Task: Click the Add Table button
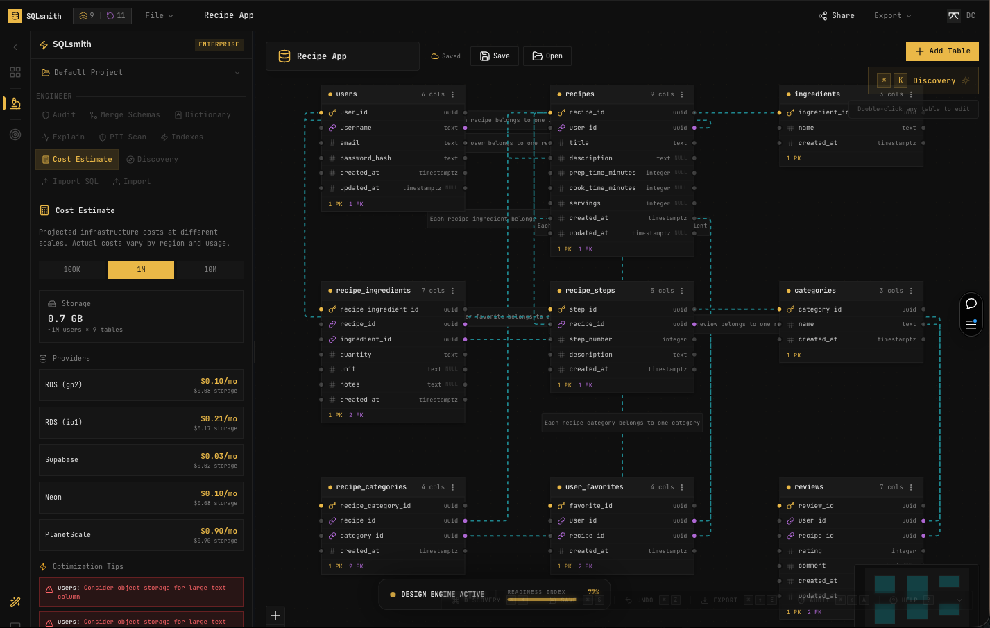tap(942, 51)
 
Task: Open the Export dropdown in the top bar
tap(892, 15)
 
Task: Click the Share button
tap(836, 15)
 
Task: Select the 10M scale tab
tap(210, 270)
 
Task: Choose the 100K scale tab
tap(72, 270)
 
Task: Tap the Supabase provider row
tap(141, 459)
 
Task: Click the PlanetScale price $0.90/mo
tap(219, 531)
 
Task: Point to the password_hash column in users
tap(366, 158)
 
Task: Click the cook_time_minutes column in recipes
tap(602, 188)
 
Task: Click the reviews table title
tap(809, 487)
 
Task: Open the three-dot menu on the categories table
tap(911, 291)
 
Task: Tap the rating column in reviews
tap(810, 551)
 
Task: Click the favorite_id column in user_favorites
tap(590, 506)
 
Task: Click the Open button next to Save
tap(547, 56)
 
